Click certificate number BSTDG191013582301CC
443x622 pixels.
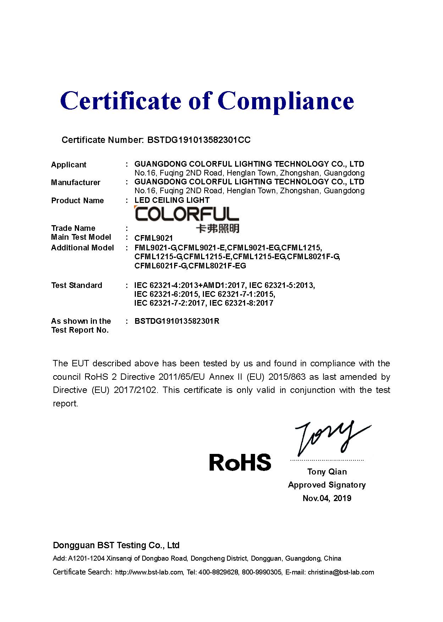[199, 140]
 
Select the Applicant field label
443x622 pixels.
[68, 165]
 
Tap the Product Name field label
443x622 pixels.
[77, 200]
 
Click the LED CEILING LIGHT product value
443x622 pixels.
[172, 200]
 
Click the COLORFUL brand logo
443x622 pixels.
[187, 214]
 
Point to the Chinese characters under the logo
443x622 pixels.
[217, 228]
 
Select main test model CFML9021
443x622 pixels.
[154, 238]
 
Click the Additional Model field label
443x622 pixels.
[82, 248]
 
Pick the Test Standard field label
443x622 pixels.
[76, 285]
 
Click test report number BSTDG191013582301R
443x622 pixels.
[177, 321]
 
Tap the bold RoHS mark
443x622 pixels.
[240, 462]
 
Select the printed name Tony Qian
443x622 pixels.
[327, 472]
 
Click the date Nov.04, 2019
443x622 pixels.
[327, 498]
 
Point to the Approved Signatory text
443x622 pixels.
[327, 485]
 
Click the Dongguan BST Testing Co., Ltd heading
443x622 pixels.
[116, 545]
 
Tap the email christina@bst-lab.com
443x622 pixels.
[341, 572]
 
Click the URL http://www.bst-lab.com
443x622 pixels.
[149, 572]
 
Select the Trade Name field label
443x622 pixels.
[73, 228]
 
